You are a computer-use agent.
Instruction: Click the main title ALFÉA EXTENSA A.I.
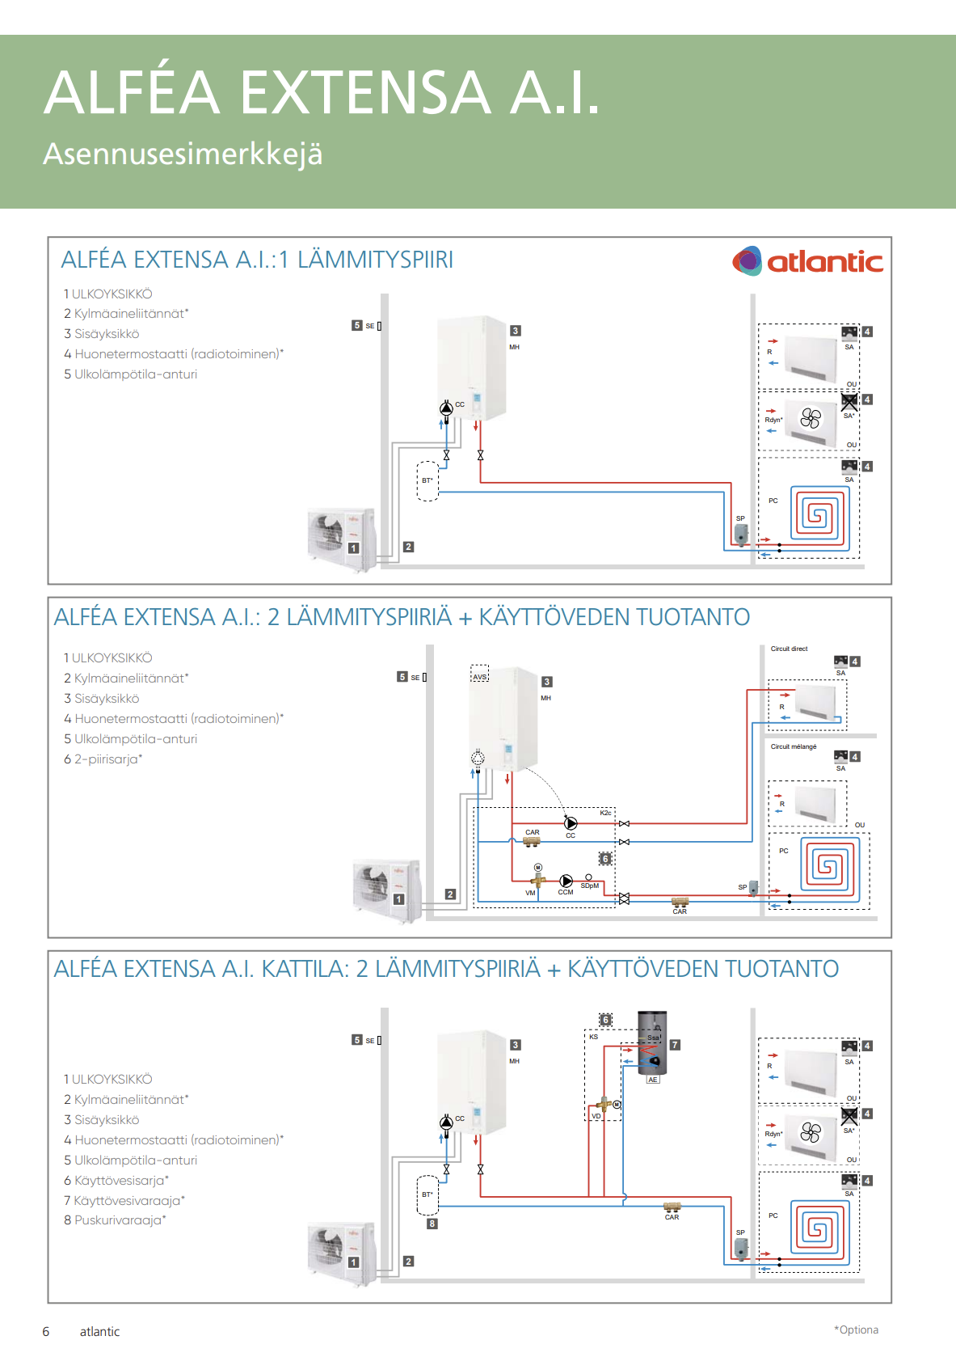point(322,92)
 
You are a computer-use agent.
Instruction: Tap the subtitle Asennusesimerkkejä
point(183,154)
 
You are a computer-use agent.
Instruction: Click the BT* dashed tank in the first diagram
point(427,481)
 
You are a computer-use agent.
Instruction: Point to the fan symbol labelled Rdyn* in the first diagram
point(810,419)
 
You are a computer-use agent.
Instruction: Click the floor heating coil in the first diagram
point(819,515)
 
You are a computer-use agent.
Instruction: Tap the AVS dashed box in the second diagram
point(480,674)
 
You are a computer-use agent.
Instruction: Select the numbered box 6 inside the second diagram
point(605,859)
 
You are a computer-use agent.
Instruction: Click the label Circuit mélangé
point(794,746)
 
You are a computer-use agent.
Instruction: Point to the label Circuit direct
point(789,649)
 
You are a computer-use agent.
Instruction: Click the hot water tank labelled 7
point(653,1042)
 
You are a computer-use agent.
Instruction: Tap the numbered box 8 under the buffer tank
point(432,1224)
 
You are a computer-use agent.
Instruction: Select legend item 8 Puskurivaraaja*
point(115,1220)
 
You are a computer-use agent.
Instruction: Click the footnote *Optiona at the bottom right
point(856,1330)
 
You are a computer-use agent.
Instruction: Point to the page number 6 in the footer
point(46,1331)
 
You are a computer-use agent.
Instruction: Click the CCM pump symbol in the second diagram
point(566,881)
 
